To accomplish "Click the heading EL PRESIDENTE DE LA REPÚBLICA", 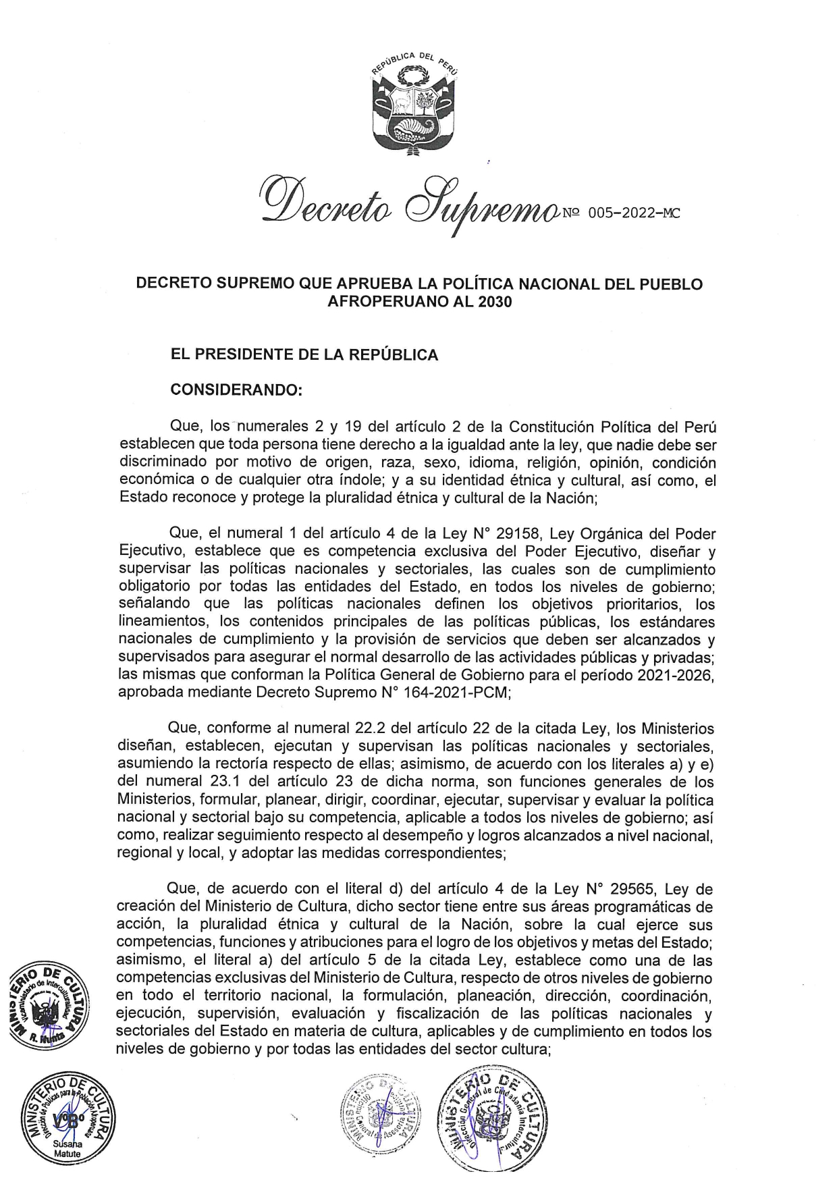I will coord(304,354).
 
